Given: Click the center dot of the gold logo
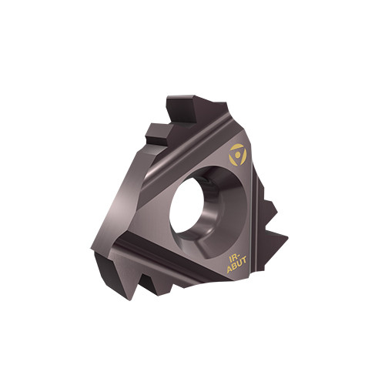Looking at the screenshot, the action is (238, 154).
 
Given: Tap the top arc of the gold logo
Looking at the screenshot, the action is (237, 146).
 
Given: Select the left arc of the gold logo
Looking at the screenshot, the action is (232, 159).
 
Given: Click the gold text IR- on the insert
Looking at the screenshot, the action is (234, 257).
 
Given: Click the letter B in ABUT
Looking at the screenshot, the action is (234, 267).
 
